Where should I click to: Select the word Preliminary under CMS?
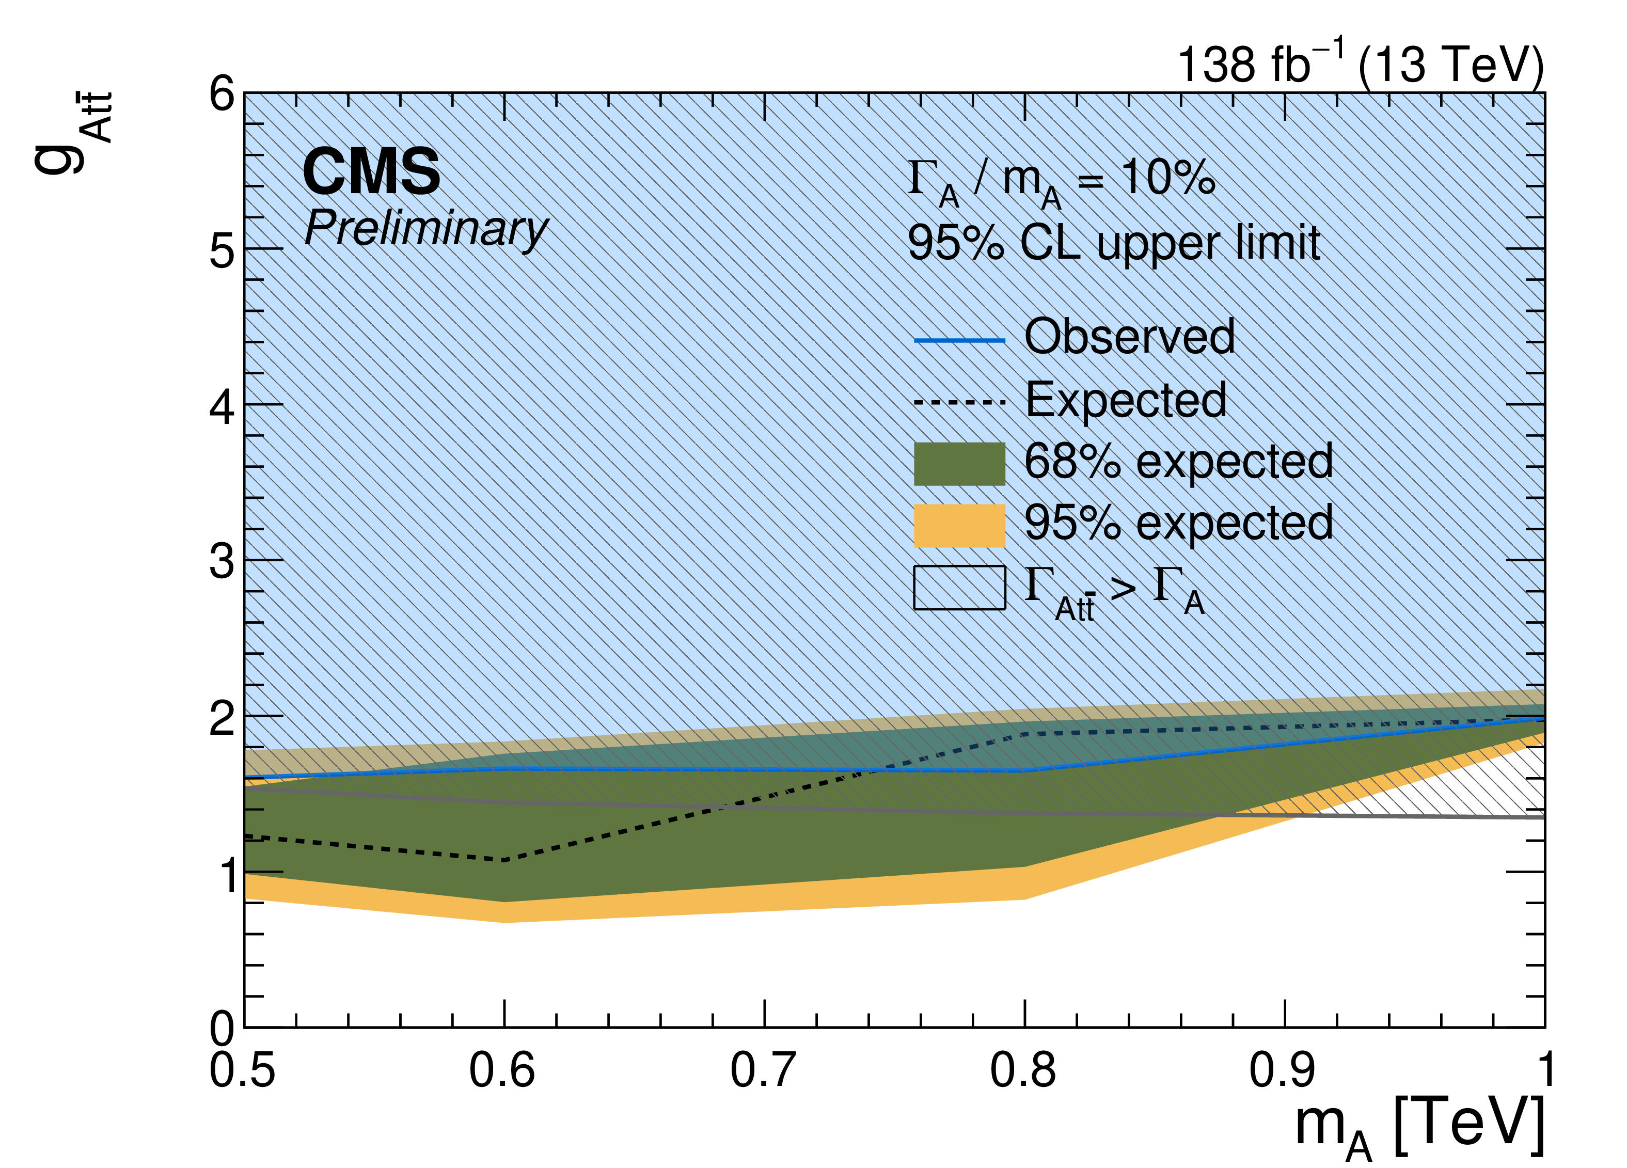[426, 230]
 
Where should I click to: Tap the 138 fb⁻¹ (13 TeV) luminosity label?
[1360, 64]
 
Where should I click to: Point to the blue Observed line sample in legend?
[959, 340]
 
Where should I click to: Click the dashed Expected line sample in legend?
[959, 402]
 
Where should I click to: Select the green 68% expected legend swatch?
[959, 464]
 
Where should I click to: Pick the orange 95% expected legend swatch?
[959, 526]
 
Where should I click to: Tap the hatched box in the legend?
[959, 588]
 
